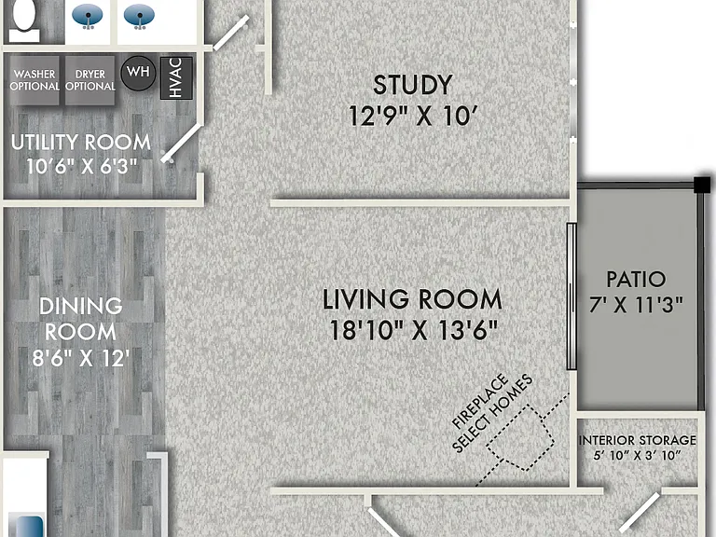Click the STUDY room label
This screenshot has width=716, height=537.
(x=413, y=85)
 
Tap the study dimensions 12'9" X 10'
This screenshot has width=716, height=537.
(x=413, y=116)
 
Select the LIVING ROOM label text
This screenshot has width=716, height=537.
(x=412, y=299)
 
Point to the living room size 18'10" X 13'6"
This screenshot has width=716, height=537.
(x=413, y=330)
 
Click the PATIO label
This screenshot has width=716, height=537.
(x=636, y=279)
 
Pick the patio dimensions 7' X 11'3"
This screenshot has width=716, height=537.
(x=636, y=305)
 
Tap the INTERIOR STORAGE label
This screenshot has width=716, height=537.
(x=638, y=440)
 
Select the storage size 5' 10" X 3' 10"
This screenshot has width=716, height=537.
(x=638, y=455)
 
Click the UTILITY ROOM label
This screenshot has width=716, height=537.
(x=81, y=143)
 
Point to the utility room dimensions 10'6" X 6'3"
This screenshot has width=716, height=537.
(x=82, y=166)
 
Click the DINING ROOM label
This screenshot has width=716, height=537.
(x=81, y=319)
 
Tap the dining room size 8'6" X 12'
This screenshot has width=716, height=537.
(x=81, y=358)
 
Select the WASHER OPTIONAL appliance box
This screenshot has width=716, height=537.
(x=34, y=80)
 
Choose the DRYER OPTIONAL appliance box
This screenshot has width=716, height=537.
(x=89, y=80)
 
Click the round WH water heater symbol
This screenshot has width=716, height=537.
(x=138, y=73)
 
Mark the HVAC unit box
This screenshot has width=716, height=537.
(x=176, y=78)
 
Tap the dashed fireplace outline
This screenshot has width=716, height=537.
(x=520, y=437)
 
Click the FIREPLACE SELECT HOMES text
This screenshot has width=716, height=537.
(x=492, y=414)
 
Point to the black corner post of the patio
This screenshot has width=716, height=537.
(x=702, y=185)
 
